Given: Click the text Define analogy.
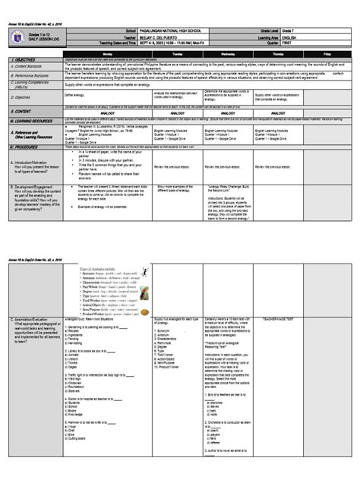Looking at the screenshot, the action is [87, 95].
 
